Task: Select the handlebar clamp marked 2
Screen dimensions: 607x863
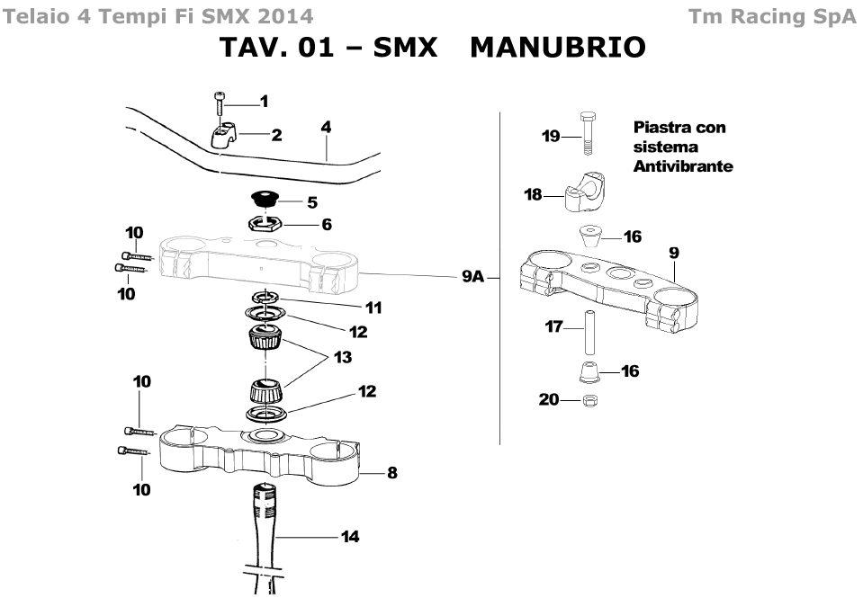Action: pyautogui.click(x=223, y=136)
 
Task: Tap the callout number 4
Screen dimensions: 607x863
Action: pyautogui.click(x=326, y=128)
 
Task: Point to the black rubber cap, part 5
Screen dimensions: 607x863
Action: pyautogui.click(x=264, y=198)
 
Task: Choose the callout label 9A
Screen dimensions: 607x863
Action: pyautogui.click(x=472, y=277)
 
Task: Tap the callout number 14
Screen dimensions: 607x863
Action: pyautogui.click(x=350, y=537)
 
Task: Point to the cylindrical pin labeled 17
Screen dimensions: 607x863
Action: pyautogui.click(x=590, y=330)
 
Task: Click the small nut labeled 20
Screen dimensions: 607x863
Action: pyautogui.click(x=589, y=399)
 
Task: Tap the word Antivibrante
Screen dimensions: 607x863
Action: pyautogui.click(x=683, y=166)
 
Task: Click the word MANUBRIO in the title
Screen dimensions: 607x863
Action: pyautogui.click(x=558, y=47)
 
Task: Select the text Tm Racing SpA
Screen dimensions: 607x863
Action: pyautogui.click(x=771, y=16)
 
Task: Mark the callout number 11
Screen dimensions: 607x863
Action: pyautogui.click(x=373, y=308)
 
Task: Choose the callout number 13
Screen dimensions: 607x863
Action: pyautogui.click(x=342, y=357)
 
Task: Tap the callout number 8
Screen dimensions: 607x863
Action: pyautogui.click(x=391, y=473)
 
